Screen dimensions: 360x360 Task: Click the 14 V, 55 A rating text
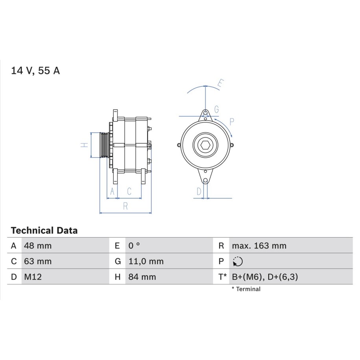[35, 70]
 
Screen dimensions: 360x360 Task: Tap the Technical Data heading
[44, 230]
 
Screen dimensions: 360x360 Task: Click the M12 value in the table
[33, 277]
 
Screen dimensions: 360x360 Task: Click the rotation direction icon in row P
[238, 262]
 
